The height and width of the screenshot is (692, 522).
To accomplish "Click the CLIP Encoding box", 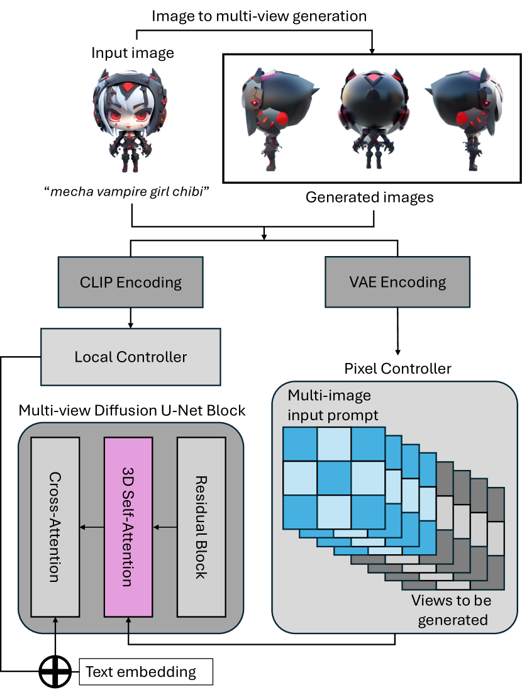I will coord(130,282).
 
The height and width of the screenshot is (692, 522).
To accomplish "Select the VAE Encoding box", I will coord(398,282).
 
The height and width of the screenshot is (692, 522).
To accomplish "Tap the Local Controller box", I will coord(131,357).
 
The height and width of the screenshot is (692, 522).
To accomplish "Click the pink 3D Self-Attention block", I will coord(128,527).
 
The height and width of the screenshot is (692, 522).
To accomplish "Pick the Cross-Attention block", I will coord(55,527).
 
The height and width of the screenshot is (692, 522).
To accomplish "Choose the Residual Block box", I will coord(201,527).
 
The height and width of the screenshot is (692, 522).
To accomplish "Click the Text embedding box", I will coord(145,672).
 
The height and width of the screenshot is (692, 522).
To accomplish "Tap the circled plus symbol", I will coord(55,672).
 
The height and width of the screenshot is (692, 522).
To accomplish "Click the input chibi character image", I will coord(132,120).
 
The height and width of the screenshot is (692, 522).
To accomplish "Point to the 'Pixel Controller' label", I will coord(398,368).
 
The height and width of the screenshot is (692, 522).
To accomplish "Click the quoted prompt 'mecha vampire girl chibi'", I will coord(131,192).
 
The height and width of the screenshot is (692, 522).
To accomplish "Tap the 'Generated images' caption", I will coord(369,197).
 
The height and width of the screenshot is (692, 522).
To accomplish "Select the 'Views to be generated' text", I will coord(452,610).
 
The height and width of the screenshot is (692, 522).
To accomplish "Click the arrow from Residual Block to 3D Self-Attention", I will coord(165,527).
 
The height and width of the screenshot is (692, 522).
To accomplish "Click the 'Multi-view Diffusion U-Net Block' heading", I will coord(132,411).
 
